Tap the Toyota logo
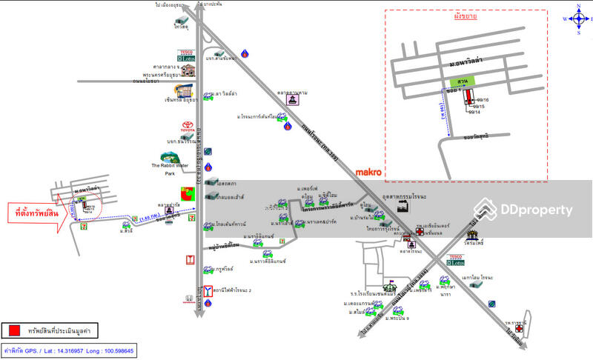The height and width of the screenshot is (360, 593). pos(187,127)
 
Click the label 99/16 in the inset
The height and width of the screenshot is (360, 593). pos(483,99)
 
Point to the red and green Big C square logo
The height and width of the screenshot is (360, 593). pos(192,194)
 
